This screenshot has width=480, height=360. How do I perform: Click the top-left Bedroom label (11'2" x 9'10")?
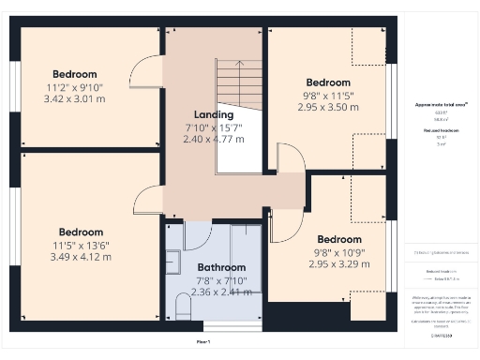[x=75, y=74]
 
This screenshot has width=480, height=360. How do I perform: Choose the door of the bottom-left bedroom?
[x=148, y=199]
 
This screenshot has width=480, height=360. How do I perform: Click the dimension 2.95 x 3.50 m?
[x=328, y=108]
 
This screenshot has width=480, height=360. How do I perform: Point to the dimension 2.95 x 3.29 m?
[x=339, y=264]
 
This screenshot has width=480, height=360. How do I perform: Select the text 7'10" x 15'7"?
[x=214, y=127]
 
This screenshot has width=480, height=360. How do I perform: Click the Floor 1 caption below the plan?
[x=203, y=342]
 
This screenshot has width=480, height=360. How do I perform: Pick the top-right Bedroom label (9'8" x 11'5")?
[x=328, y=82]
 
